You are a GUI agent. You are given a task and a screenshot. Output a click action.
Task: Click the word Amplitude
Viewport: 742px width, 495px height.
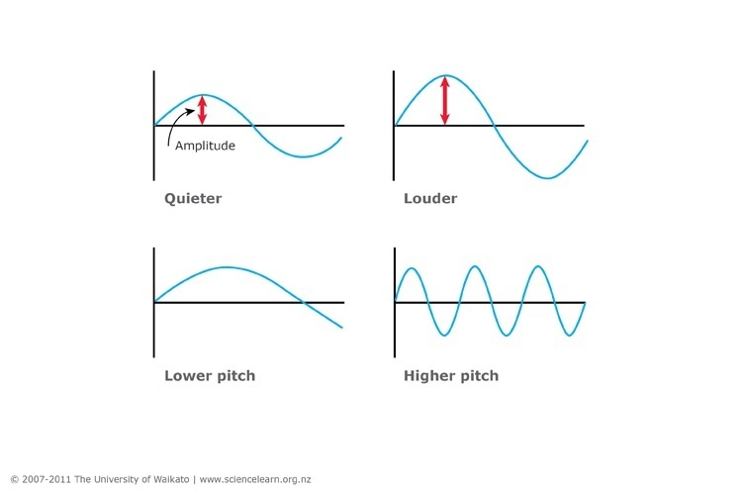click(205, 146)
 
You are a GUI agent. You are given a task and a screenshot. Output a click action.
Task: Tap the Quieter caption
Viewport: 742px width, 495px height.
click(193, 198)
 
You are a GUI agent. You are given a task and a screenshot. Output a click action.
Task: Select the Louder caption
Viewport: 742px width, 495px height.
click(430, 198)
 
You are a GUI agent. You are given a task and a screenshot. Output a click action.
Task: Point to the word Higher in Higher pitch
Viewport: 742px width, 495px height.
click(427, 375)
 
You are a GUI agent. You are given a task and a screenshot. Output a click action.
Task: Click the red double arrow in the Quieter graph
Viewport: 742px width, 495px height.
click(202, 110)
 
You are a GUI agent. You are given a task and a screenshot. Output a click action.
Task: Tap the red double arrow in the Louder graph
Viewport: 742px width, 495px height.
click(445, 100)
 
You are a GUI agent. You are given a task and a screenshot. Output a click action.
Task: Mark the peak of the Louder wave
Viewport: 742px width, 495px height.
click(445, 75)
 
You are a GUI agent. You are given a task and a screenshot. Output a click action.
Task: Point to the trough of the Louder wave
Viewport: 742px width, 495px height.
click(547, 178)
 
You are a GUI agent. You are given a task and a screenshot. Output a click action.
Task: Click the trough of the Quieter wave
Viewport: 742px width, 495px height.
click(304, 156)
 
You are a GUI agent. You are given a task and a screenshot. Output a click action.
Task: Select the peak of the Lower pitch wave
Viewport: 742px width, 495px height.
click(227, 267)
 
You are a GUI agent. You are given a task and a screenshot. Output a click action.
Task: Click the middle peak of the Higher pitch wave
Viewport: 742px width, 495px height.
click(475, 266)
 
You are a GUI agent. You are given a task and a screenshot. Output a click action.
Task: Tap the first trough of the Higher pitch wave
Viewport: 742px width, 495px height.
click(444, 336)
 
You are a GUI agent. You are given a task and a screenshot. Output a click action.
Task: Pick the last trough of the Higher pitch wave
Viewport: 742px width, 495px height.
click(570, 336)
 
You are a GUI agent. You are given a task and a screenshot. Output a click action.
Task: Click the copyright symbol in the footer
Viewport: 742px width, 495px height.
click(15, 479)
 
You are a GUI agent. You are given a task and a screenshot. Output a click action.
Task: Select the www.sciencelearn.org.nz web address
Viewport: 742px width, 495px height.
click(255, 479)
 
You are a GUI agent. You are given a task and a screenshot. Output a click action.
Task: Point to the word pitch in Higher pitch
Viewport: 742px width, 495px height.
click(477, 375)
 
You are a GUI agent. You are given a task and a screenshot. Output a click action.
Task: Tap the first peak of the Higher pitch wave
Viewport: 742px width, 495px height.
click(412, 268)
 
